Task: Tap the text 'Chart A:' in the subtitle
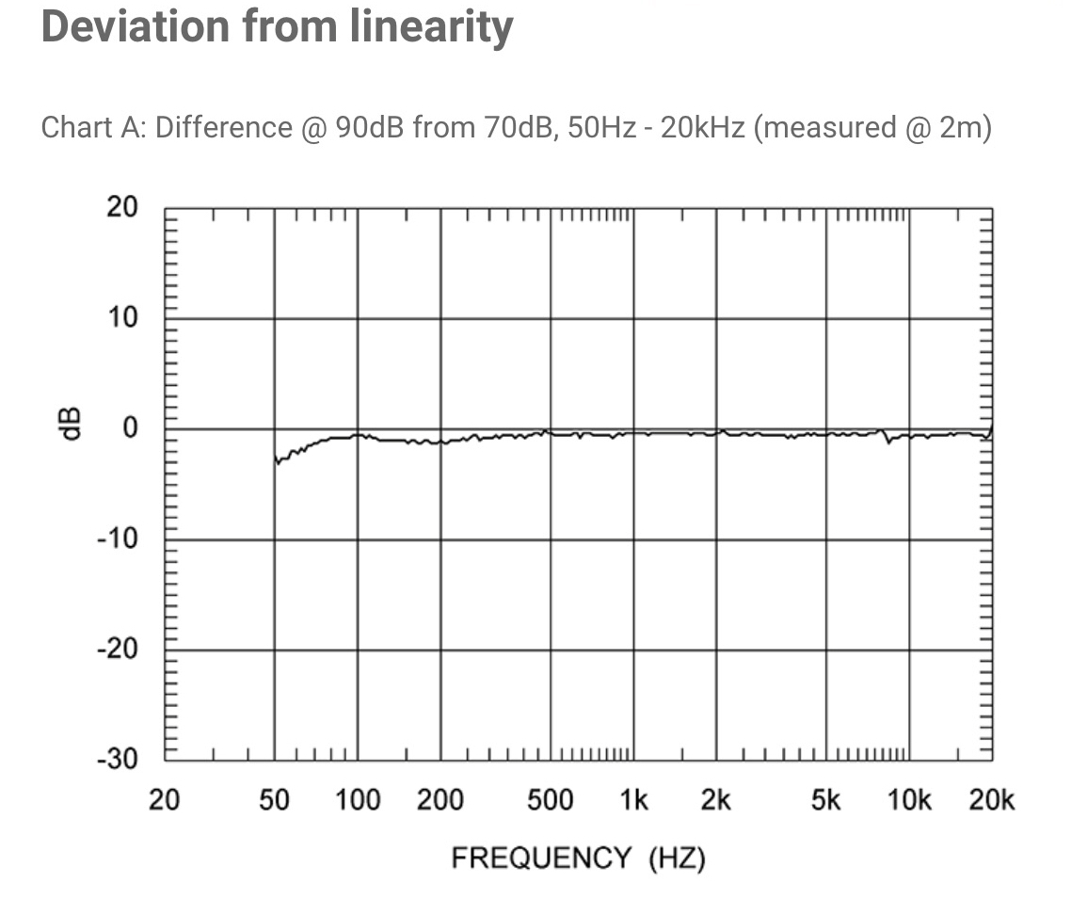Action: click(x=93, y=127)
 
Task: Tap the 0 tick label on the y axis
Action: click(x=130, y=428)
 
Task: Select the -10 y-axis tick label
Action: click(x=119, y=539)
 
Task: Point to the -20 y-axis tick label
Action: click(x=119, y=650)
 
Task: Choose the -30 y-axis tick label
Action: click(x=119, y=760)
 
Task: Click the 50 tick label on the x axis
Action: click(x=274, y=801)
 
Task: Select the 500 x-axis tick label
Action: click(x=550, y=801)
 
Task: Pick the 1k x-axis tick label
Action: click(x=632, y=801)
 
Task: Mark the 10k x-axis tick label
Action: click(x=908, y=801)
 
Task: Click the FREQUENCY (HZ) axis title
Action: click(x=578, y=859)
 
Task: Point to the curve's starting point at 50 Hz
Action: click(x=276, y=460)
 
